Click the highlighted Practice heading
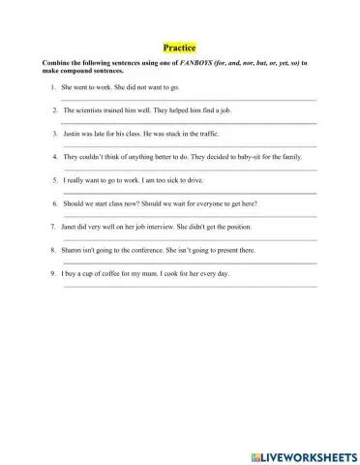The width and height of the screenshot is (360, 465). click(x=179, y=47)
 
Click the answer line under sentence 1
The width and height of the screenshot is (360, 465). click(x=188, y=101)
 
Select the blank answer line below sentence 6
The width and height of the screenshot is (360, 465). click(x=188, y=216)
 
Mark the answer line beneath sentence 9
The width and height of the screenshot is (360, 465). click(x=188, y=286)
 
